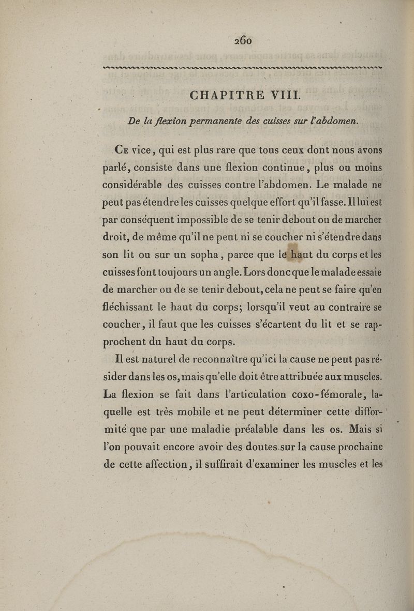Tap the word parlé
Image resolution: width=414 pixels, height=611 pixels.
[117, 169]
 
